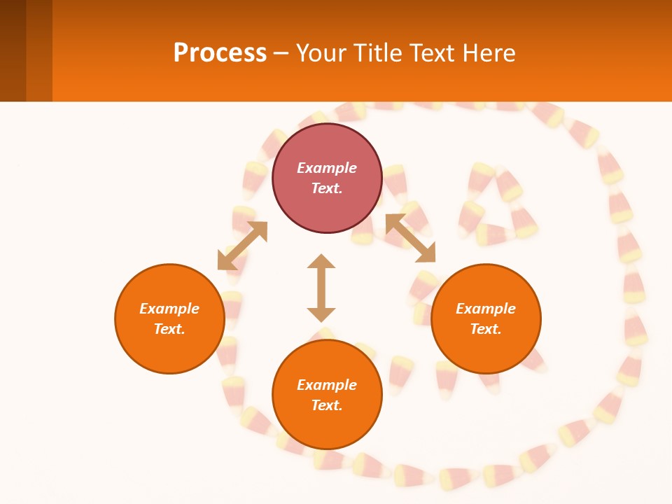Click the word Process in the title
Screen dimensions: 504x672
(x=220, y=53)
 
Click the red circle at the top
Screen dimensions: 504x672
(x=327, y=178)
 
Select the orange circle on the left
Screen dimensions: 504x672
(x=169, y=318)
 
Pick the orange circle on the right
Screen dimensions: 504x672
(x=486, y=318)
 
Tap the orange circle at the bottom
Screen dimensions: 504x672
(x=327, y=395)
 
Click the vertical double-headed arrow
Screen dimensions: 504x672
(x=321, y=288)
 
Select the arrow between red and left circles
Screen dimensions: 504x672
(x=242, y=246)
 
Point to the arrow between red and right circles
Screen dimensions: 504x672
(x=411, y=238)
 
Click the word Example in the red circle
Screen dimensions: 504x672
(x=327, y=168)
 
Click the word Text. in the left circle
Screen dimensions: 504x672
(x=169, y=329)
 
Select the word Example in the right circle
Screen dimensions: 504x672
(x=486, y=309)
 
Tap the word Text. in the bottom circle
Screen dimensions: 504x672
(x=327, y=405)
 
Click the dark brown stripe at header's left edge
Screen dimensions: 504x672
(x=13, y=50)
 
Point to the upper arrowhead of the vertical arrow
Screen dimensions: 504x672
(x=321, y=262)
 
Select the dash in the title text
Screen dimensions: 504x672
(x=281, y=53)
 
